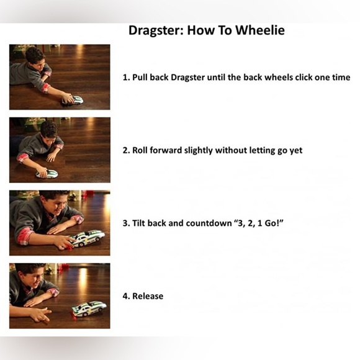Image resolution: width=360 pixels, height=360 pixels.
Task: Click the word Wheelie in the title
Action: point(260,30)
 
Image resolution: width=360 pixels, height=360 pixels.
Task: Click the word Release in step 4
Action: point(148,296)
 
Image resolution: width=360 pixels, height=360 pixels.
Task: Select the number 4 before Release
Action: point(125,296)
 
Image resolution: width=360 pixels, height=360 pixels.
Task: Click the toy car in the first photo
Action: point(73,101)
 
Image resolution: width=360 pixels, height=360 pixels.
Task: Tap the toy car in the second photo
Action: point(47,174)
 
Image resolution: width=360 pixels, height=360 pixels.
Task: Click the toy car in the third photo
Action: point(88,238)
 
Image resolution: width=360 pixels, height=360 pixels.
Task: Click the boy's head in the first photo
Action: point(35,58)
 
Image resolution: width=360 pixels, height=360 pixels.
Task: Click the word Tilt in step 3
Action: point(138,223)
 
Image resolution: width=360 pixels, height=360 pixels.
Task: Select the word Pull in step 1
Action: point(140,77)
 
